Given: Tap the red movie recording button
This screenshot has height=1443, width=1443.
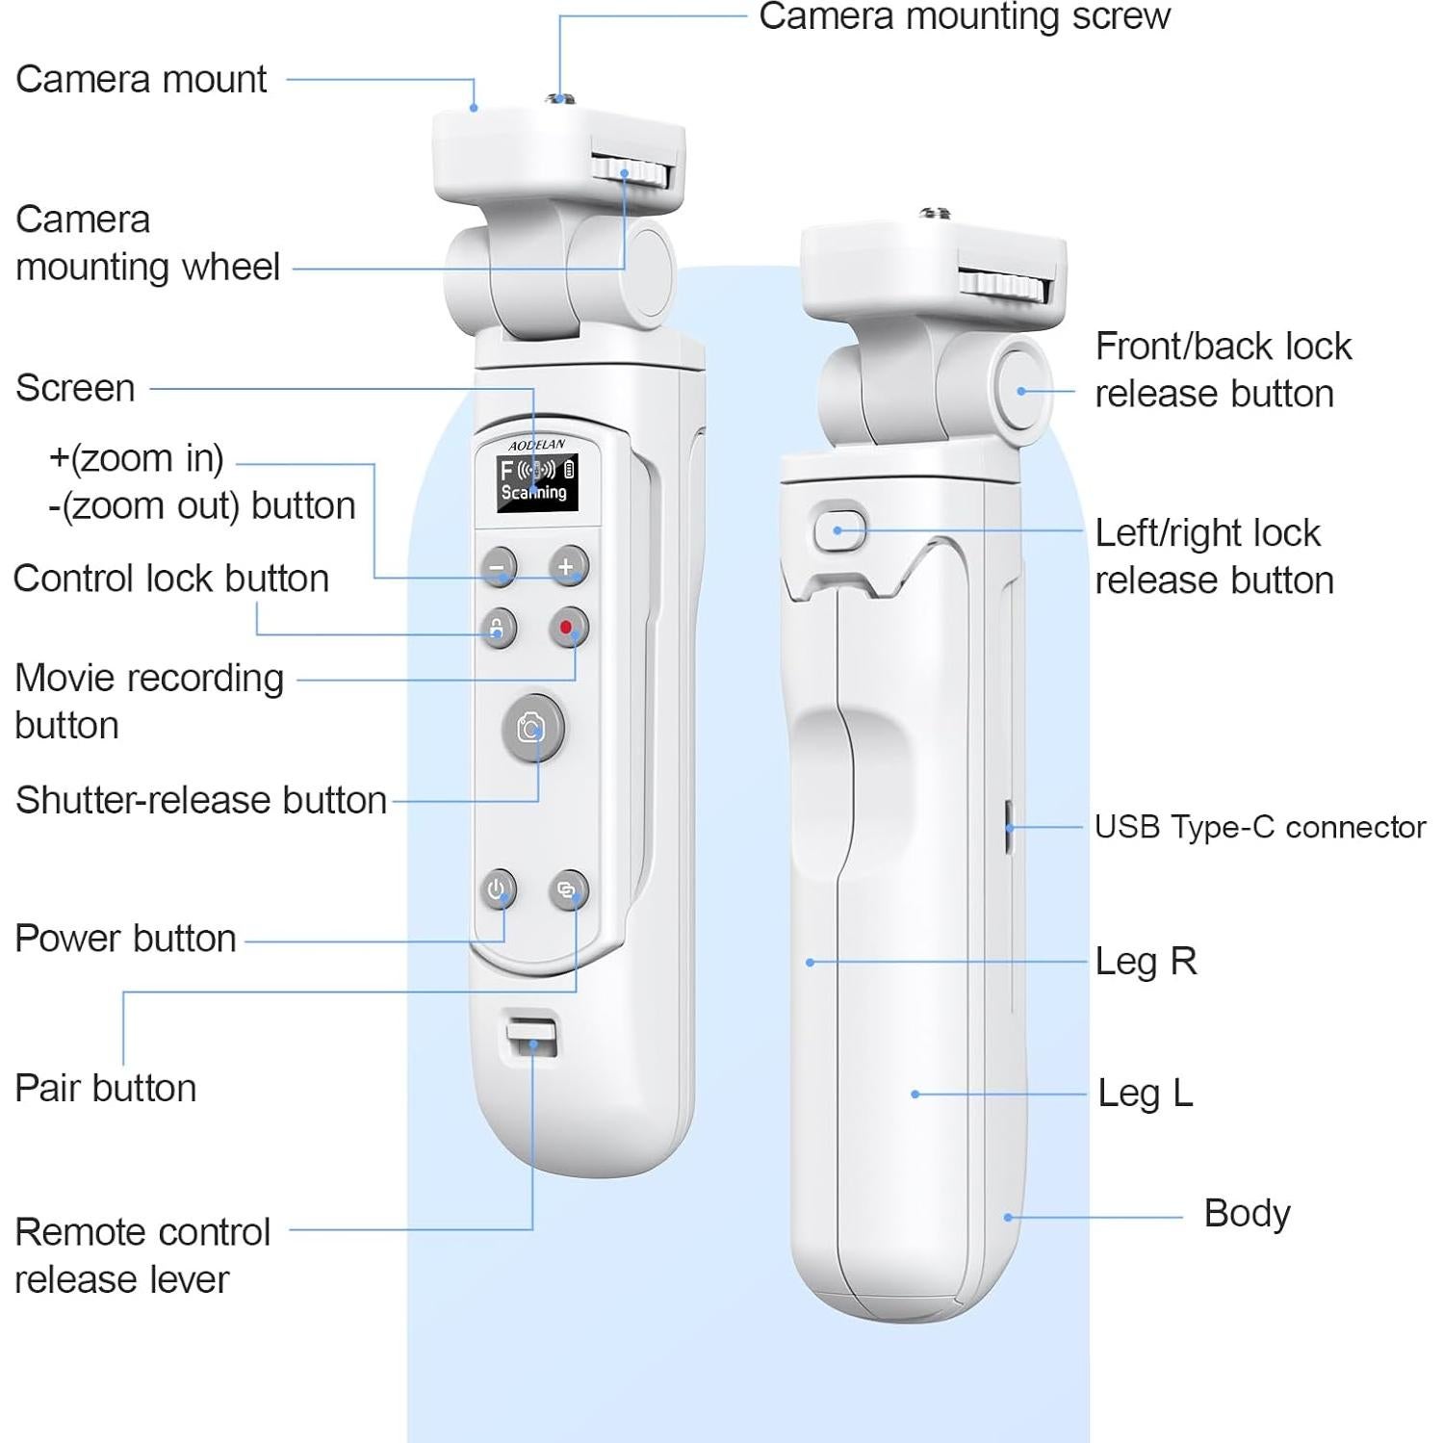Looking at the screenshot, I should point(566,628).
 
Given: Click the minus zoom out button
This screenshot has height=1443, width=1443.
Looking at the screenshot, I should point(498,566).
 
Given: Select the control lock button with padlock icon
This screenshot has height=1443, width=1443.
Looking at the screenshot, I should point(498,628).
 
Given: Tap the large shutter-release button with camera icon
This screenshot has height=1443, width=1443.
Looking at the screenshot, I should point(532,728).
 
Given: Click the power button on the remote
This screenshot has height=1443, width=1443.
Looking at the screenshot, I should point(497,889).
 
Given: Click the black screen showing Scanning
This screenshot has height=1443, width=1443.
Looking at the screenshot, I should point(536,482).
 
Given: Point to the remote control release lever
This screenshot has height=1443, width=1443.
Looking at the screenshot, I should point(532,1040).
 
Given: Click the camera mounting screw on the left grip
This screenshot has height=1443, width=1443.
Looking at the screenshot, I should point(558,97).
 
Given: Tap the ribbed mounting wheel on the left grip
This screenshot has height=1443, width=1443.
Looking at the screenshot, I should point(631,172).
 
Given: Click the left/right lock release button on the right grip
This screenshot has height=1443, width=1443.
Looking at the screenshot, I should point(839,529).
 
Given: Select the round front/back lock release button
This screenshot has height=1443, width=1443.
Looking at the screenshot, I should point(1021,391).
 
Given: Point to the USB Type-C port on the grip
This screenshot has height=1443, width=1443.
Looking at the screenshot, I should point(1008,826).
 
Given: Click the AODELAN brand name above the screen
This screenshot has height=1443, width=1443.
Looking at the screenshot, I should point(536,445).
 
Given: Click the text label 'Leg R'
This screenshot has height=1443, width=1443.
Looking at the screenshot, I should point(1146,961).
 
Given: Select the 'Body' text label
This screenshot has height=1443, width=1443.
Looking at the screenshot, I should point(1247,1213).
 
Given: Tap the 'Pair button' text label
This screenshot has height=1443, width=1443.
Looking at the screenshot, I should point(106,1088).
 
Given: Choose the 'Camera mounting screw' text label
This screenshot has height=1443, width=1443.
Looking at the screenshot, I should point(964,16).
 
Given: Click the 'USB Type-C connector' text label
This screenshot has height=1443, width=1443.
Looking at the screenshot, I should point(1260,827).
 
